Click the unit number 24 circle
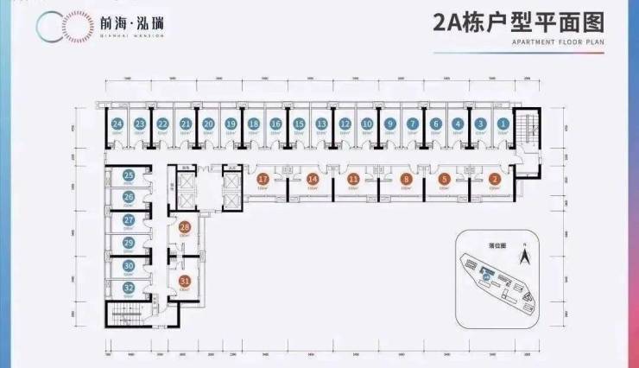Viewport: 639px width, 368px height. point(117,124)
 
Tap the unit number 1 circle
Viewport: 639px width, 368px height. point(503,124)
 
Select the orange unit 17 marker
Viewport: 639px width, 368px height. point(263,179)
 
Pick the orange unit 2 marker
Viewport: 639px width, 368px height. point(494,179)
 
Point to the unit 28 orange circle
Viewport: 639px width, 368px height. point(184,227)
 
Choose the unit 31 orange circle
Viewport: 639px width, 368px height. point(184,280)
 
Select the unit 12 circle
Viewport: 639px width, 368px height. point(344,124)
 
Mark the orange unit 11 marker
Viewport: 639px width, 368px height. point(353,179)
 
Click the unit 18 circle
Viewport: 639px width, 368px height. point(253,124)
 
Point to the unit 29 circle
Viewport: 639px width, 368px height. point(129,244)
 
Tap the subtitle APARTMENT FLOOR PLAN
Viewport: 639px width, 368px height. point(534,41)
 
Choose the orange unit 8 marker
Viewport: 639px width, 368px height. point(404,179)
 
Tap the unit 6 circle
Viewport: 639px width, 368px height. point(435,124)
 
